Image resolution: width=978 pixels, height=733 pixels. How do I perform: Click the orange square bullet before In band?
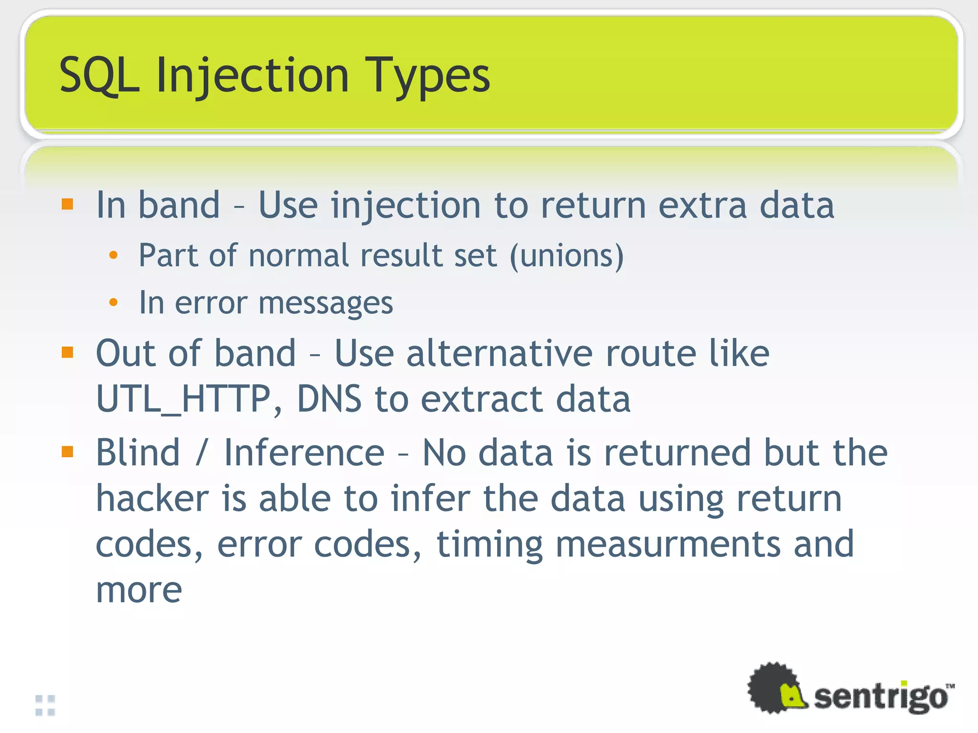pos(67,204)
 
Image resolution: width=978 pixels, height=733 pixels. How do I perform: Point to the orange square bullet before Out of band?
pos(67,352)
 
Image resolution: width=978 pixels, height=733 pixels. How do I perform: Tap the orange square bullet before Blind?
pos(67,451)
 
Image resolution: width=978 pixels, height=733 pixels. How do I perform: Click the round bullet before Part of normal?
pos(113,255)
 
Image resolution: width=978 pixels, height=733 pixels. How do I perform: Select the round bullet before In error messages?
pos(113,302)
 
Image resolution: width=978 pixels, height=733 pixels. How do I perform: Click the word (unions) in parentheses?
pos(566,256)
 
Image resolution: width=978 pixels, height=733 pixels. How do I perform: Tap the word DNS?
pos(329,399)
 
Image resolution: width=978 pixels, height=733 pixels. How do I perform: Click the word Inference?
pos(304,452)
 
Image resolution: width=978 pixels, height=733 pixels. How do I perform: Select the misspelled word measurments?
pos(668,544)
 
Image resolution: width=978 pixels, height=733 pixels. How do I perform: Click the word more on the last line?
pos(139,590)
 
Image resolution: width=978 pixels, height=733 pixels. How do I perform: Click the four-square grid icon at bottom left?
pos(45,705)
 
